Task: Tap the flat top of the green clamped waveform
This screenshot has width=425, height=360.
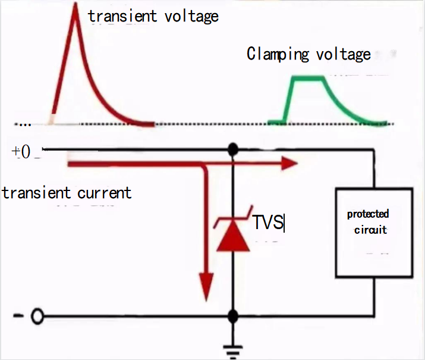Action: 308,77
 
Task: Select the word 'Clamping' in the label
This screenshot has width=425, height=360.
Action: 278,55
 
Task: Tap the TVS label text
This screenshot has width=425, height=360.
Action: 268,223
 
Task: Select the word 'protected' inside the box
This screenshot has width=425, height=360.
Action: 368,214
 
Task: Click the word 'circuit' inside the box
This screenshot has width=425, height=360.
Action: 370,230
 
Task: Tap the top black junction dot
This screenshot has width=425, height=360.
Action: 233,149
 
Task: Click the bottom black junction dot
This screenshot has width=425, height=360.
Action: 233,316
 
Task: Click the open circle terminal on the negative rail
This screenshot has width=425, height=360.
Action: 37,317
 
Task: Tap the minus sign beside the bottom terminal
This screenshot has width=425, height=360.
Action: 18,317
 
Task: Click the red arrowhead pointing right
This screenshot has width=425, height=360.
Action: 288,162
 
